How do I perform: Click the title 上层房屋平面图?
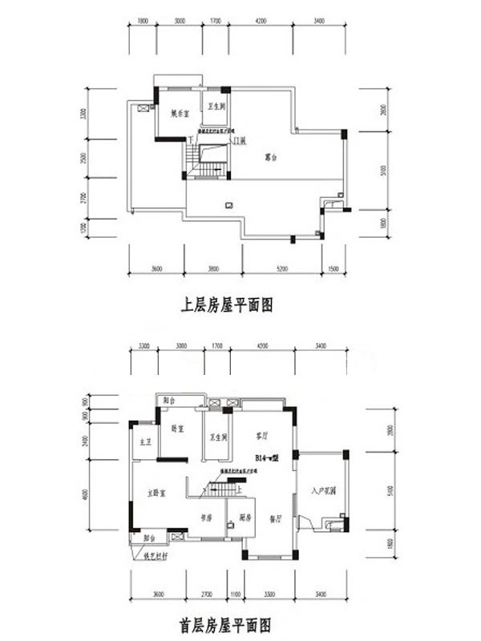229,304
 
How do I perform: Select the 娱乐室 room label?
178,113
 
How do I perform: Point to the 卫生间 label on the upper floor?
216,106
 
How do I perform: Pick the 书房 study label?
205,518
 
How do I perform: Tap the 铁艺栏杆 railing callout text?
148,554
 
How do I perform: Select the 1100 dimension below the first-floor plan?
234,593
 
